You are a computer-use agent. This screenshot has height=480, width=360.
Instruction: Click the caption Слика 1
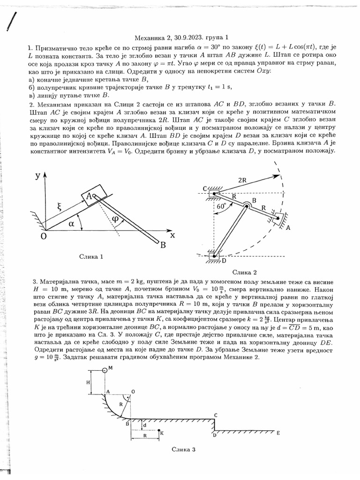tap(91, 256)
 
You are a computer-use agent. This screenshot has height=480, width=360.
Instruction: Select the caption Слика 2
tap(245, 272)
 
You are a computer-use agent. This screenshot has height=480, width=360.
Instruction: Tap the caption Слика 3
tap(183, 449)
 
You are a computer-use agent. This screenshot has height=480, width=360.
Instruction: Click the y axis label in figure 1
tap(37, 176)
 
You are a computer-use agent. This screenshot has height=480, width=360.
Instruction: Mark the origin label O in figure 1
tap(44, 236)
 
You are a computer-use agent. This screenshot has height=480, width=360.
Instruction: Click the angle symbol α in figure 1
tap(71, 224)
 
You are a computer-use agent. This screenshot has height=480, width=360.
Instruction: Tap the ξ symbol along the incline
tap(60, 205)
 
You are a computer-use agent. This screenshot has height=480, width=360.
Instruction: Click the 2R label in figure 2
tap(243, 180)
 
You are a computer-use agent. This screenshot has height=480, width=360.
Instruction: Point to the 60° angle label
tap(222, 205)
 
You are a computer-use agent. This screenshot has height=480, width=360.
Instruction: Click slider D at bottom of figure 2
tap(214, 256)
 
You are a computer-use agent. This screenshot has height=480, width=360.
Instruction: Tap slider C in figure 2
tap(213, 192)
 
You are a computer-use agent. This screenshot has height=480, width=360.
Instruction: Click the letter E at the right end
tap(278, 433)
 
